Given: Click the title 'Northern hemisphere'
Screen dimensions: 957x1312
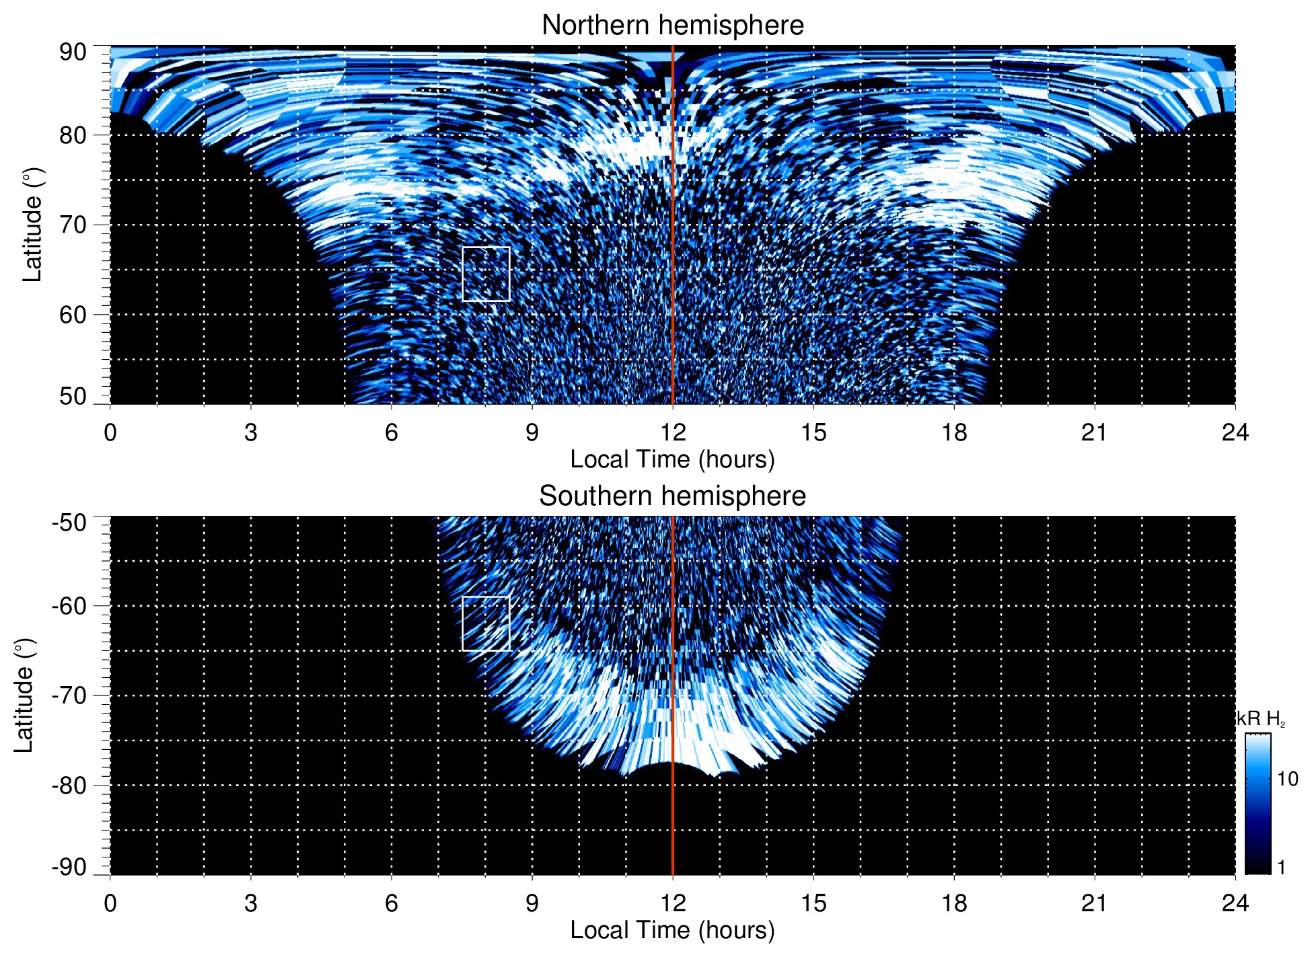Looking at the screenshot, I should [x=672, y=26].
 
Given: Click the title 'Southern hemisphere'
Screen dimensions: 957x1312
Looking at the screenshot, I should [x=672, y=496].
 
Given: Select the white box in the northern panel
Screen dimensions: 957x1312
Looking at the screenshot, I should [x=486, y=274].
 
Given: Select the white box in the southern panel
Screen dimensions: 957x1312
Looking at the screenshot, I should [x=486, y=623].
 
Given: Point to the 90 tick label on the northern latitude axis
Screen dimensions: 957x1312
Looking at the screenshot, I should [x=73, y=52].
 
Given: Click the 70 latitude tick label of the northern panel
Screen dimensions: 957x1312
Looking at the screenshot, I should [x=73, y=225].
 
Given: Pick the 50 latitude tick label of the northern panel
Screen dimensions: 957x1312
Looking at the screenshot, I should [x=73, y=396].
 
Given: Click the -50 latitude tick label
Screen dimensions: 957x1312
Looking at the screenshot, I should [x=69, y=523].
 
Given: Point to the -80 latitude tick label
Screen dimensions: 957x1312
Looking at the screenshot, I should [x=69, y=785].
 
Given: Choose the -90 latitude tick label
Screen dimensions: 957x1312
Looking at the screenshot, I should [x=69, y=867].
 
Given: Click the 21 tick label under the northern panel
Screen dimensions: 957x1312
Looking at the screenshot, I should [x=1095, y=432].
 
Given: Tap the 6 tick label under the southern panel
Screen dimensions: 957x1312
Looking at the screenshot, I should [x=392, y=903].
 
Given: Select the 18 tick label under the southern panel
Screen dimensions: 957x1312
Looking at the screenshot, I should [x=954, y=903].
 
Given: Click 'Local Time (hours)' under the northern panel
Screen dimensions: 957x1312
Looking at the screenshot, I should [x=672, y=459].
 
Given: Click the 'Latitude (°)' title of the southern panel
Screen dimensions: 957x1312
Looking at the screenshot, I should [x=24, y=696].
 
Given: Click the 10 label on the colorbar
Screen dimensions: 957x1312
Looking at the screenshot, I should [x=1287, y=779].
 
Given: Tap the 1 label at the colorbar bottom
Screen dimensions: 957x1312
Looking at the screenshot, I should [x=1281, y=868].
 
